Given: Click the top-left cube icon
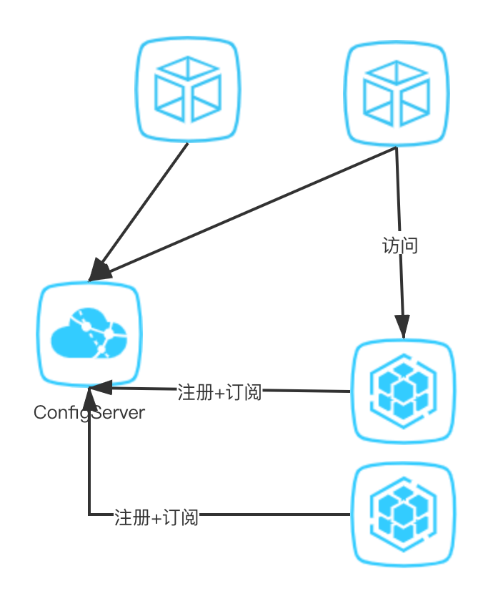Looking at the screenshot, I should (x=187, y=90).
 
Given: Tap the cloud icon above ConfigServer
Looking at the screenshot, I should (x=89, y=335).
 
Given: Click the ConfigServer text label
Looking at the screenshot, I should (x=89, y=413).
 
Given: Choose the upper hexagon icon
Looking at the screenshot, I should (x=403, y=391).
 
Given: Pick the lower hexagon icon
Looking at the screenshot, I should (x=403, y=514).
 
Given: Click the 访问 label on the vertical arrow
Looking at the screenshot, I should (x=399, y=245).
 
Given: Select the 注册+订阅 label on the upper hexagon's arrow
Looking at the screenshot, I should (x=219, y=391).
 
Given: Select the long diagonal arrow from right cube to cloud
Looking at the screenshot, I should (x=243, y=214).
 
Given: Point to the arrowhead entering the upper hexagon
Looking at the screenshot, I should (x=403, y=330).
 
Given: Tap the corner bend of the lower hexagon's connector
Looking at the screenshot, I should (x=89, y=514).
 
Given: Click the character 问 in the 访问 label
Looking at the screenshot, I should (x=409, y=245).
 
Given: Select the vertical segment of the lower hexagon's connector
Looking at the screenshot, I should (x=89, y=458).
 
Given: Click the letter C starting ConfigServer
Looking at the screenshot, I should (x=40, y=413).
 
